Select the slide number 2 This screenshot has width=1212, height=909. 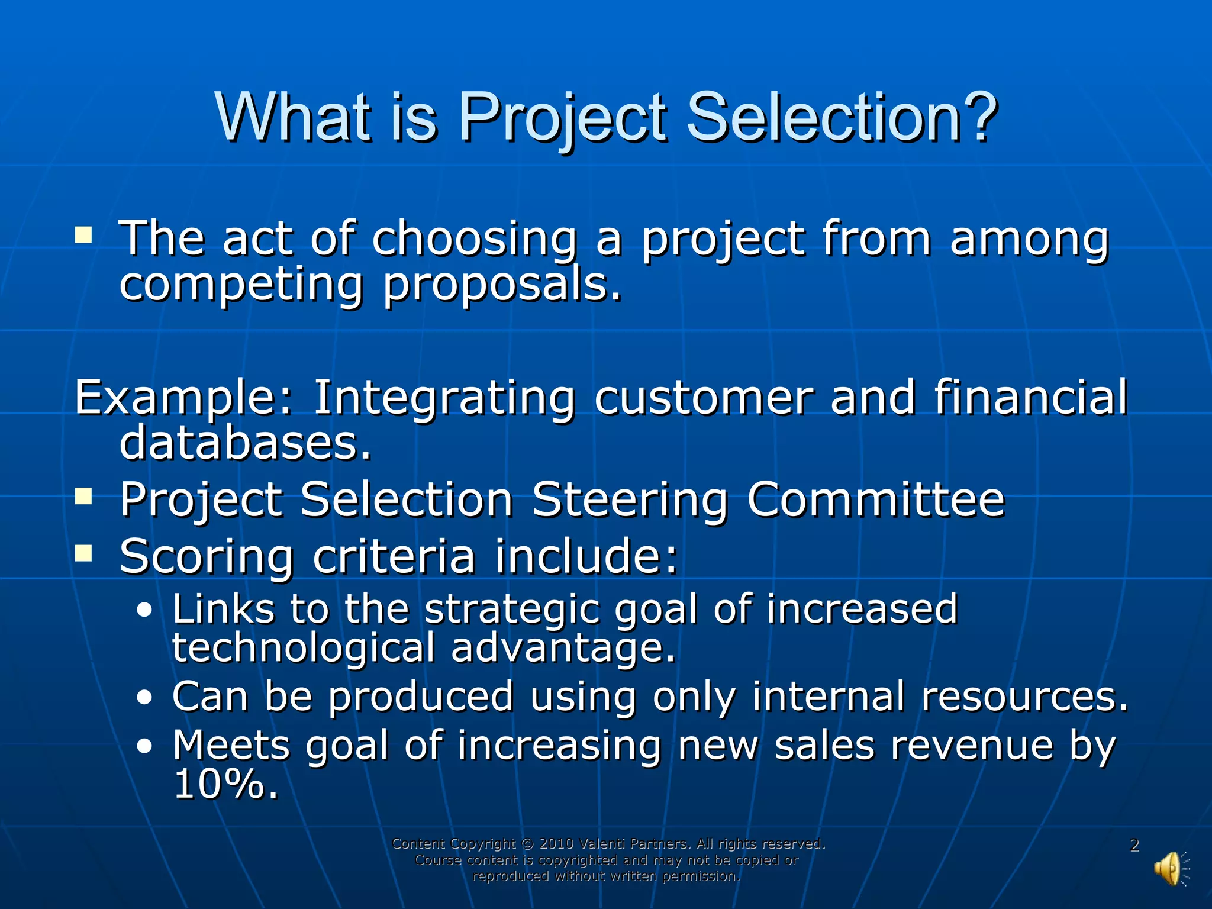tap(1134, 845)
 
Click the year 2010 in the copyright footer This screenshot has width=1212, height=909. tap(556, 843)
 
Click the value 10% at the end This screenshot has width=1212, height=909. tap(225, 784)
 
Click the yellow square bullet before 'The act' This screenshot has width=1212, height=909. tap(83, 236)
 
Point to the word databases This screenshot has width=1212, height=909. tap(245, 443)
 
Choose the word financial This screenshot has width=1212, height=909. tap(1030, 398)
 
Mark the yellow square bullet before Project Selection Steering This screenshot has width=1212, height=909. tap(83, 497)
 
